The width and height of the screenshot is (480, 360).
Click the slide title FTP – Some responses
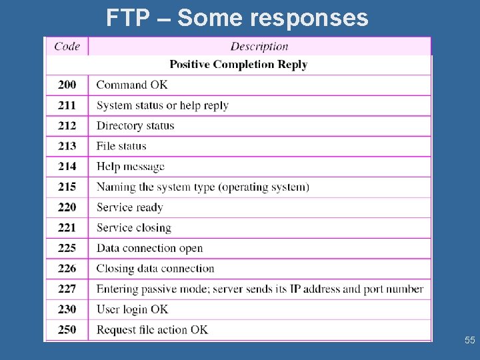tap(237, 18)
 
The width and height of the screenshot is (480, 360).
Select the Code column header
tap(67, 46)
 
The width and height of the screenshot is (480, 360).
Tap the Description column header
tap(259, 46)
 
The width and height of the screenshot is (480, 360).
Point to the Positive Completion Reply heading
tap(238, 65)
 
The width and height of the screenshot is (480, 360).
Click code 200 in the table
tap(67, 85)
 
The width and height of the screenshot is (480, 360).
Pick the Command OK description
tap(132, 85)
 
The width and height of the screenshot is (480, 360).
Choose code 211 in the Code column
tap(67, 105)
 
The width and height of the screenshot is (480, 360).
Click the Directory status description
tap(135, 125)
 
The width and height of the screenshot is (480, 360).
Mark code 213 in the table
tap(67, 146)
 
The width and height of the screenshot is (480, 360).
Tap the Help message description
tap(130, 166)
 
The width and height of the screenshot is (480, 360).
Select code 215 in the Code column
tap(67, 187)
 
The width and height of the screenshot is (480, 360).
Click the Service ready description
tap(129, 207)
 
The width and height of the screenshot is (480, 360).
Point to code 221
tap(67, 227)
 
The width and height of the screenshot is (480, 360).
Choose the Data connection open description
tap(149, 248)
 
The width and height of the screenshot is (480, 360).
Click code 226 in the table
tap(67, 269)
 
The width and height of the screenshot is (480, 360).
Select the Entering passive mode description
tap(260, 289)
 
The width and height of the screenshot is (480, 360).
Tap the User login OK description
tap(132, 309)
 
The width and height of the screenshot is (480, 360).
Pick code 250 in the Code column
tap(67, 329)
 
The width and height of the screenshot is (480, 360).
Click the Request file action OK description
tap(152, 329)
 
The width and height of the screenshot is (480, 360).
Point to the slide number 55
tap(469, 341)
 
